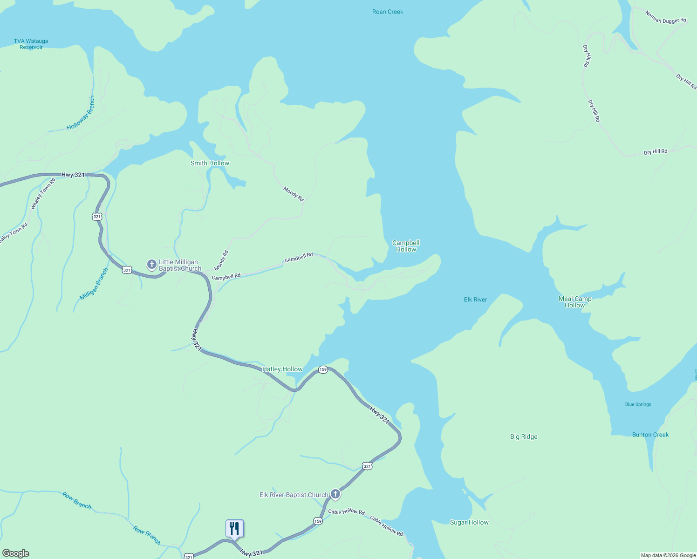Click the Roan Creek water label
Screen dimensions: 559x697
tap(388, 12)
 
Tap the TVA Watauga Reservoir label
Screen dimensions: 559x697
tap(31, 44)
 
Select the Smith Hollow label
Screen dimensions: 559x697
tap(210, 163)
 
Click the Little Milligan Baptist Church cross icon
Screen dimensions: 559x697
tap(151, 265)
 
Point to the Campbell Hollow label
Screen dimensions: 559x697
tap(406, 246)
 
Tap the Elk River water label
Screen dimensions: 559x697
tap(475, 300)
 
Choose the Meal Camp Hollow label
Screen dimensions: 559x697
tap(575, 302)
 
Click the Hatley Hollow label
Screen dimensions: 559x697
tap(282, 369)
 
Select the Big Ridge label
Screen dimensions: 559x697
tap(524, 436)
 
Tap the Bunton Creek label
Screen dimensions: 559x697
tap(650, 435)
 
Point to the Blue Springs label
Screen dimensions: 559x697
tap(638, 404)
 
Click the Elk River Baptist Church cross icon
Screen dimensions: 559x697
tap(335, 494)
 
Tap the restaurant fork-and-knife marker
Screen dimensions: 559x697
tap(235, 528)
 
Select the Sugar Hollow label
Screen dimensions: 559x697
tap(469, 522)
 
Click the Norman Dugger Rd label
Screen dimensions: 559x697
tap(666, 17)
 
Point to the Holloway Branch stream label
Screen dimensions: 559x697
tap(81, 113)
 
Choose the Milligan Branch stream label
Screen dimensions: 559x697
tap(94, 284)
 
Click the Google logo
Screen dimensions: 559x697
tap(16, 553)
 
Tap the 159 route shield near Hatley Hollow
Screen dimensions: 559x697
tap(323, 369)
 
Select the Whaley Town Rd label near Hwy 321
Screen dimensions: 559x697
tap(43, 194)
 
